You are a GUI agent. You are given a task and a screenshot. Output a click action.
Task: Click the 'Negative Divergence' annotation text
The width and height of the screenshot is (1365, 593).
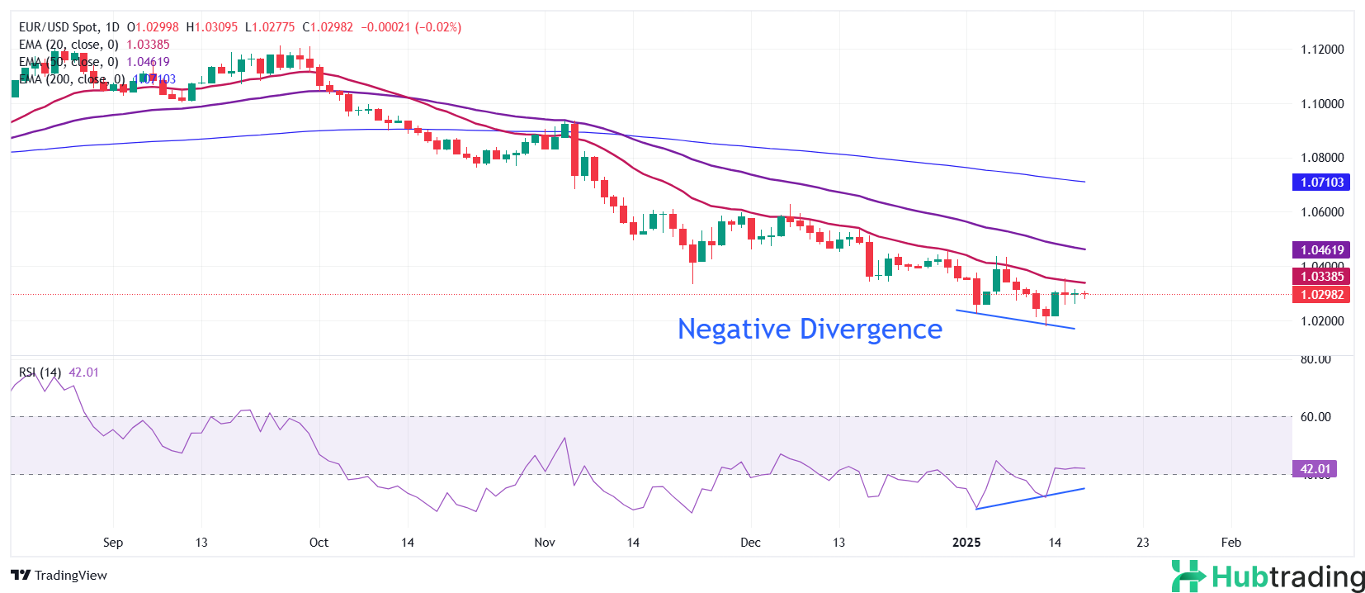click(810, 329)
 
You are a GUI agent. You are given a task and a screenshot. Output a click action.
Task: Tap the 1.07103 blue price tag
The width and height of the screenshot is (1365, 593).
click(1321, 182)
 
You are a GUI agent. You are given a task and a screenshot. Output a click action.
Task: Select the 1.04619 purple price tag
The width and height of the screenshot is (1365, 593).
click(1321, 249)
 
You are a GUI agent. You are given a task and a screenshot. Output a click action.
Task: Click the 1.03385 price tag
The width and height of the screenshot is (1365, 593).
click(1321, 277)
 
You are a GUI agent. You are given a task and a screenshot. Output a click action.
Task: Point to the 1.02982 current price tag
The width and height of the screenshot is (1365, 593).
click(1321, 295)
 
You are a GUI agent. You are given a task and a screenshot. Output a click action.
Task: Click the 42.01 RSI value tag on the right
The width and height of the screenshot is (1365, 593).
click(1315, 469)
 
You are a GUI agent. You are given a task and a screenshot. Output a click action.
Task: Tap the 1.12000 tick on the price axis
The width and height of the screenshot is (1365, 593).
click(1322, 50)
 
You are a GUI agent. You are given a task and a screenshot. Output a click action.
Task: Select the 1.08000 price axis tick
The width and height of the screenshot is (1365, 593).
click(1322, 158)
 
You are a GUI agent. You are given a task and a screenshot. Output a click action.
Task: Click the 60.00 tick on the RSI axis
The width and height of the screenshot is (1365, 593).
click(1315, 417)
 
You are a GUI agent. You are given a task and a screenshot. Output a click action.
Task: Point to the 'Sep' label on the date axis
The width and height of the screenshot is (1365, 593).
click(113, 543)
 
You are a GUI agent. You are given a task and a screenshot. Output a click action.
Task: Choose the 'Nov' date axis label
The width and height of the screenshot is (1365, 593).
click(545, 543)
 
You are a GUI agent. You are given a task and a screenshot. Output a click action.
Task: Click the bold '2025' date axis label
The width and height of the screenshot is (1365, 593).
click(966, 543)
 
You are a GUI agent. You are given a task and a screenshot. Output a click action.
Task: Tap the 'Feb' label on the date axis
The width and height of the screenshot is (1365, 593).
click(1230, 543)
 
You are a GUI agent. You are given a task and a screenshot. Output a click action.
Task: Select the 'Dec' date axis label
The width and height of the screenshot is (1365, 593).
click(750, 543)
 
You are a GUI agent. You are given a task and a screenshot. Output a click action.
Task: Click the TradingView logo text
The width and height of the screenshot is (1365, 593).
click(60, 576)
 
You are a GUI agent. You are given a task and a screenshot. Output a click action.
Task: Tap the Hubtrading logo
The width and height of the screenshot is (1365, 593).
click(1268, 576)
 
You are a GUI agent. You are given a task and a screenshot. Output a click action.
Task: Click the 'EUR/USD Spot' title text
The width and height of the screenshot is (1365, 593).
click(59, 27)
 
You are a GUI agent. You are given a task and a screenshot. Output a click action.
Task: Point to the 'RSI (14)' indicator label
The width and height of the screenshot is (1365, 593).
click(40, 372)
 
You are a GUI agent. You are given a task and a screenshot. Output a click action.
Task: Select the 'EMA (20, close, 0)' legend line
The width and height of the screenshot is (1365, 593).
click(68, 45)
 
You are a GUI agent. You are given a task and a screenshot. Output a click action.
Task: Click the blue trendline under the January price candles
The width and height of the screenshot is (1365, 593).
click(1015, 320)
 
